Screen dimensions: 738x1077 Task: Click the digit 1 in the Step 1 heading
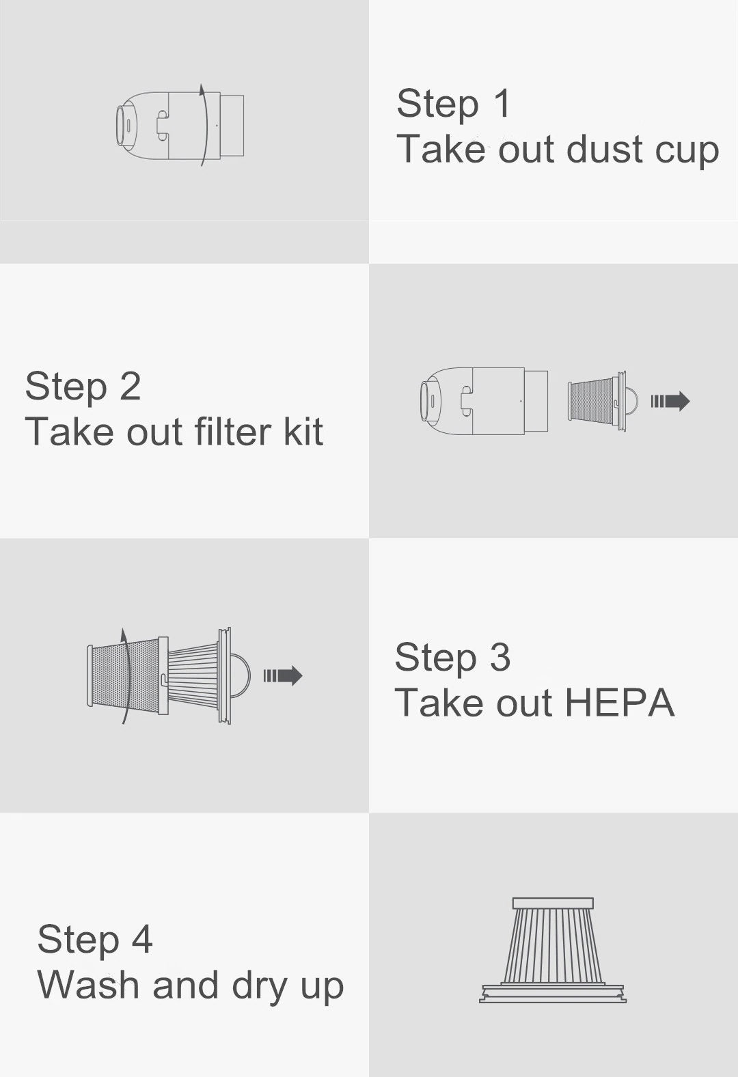pyautogui.click(x=502, y=103)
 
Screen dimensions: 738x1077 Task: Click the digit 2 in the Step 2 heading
pyautogui.click(x=130, y=386)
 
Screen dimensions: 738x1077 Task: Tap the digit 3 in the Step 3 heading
pyautogui.click(x=500, y=656)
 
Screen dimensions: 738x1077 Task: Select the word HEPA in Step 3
pyautogui.click(x=620, y=703)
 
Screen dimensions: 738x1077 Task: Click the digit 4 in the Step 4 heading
pyautogui.click(x=142, y=938)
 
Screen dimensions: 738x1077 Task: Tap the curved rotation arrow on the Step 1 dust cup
pyautogui.click(x=205, y=125)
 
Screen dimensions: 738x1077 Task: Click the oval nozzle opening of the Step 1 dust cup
pyautogui.click(x=121, y=126)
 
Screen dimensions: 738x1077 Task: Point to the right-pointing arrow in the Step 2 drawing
pyautogui.click(x=670, y=401)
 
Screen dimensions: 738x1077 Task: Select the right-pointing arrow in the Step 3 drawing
pyautogui.click(x=283, y=675)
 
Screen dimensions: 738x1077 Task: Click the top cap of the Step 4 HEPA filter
pyautogui.click(x=553, y=903)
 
